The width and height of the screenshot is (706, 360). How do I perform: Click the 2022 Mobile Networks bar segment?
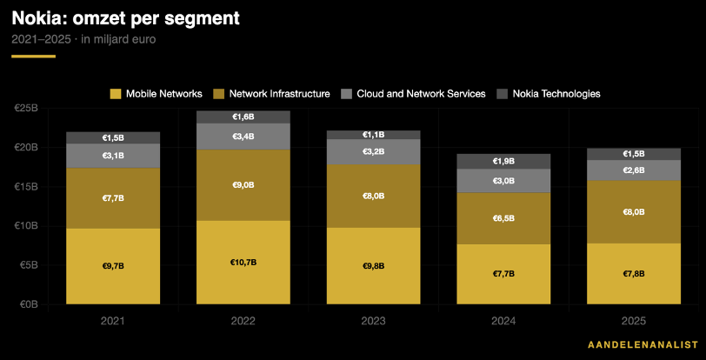[x=243, y=263]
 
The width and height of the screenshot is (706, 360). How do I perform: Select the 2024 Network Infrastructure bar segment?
[x=503, y=218]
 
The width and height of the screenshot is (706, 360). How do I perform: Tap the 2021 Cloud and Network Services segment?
[x=113, y=156]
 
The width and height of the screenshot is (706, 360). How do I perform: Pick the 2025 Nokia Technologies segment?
[x=634, y=154]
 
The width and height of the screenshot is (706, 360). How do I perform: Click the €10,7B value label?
[x=243, y=263]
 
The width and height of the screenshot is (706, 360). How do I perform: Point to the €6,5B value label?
[x=503, y=218]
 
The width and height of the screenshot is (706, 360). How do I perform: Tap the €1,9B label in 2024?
[x=503, y=161]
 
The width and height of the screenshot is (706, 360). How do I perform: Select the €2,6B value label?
[x=634, y=170]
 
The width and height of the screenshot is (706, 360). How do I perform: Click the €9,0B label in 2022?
[x=243, y=185]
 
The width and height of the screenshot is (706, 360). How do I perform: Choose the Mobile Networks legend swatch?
[x=116, y=94]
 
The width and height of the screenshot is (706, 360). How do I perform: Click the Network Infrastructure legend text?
[x=280, y=94]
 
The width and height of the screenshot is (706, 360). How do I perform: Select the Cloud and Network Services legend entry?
[x=412, y=94]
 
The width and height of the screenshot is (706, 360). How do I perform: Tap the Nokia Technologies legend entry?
[x=548, y=94]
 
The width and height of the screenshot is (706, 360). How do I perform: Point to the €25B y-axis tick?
[x=29, y=109]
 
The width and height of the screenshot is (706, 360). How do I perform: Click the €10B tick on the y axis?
[x=29, y=226]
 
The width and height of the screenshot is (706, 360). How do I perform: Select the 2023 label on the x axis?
[x=373, y=321]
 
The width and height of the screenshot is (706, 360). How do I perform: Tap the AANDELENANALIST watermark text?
[x=643, y=344]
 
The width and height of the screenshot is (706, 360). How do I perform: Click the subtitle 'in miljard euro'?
[x=118, y=40]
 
